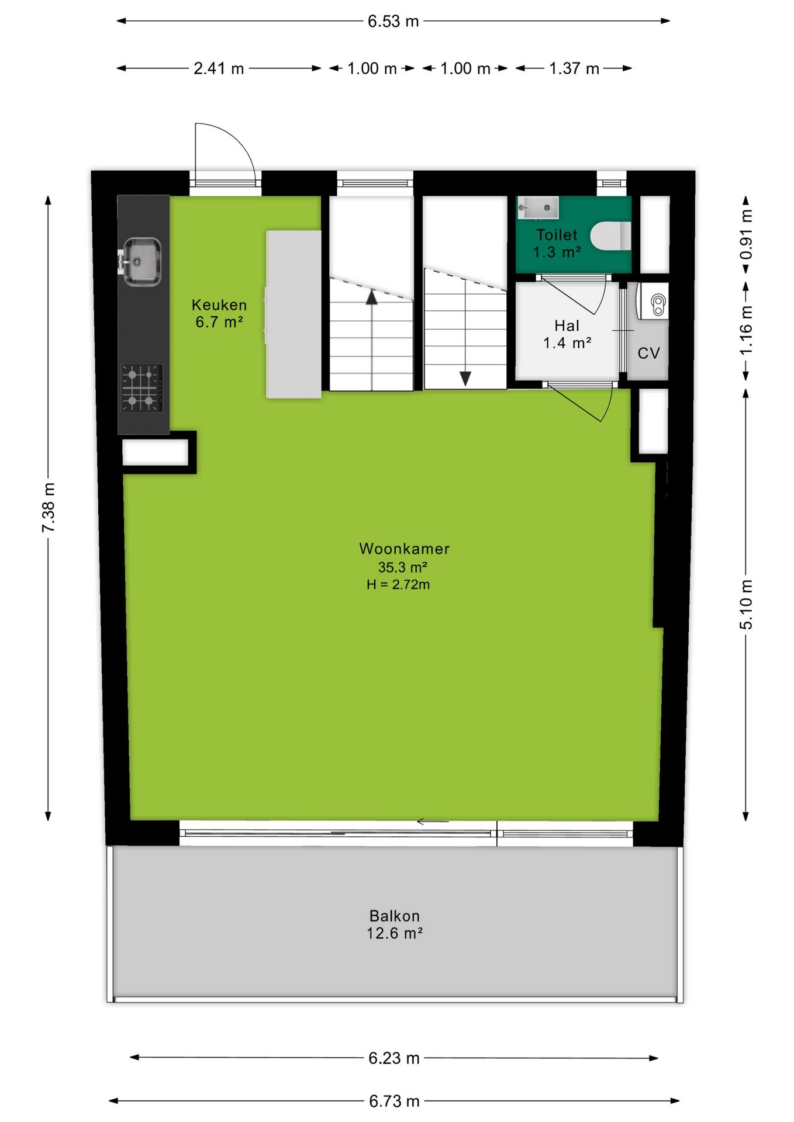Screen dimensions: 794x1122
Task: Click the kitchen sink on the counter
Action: (141, 262)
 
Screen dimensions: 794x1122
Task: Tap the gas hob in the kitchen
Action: (141, 387)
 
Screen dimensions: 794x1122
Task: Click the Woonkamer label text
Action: (404, 549)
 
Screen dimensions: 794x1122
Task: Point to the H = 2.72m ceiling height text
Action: (398, 584)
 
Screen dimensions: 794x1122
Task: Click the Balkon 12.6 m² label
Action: (395, 924)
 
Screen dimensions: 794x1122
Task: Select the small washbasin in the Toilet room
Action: (538, 207)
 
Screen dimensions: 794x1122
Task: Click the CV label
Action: (648, 353)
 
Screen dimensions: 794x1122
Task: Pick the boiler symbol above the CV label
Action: (653, 301)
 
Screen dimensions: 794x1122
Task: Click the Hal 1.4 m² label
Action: (567, 334)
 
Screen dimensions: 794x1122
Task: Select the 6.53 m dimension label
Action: (393, 22)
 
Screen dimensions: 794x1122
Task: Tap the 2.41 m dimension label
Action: (219, 68)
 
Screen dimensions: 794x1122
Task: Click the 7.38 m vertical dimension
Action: (49, 507)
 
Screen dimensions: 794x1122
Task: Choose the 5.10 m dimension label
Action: (746, 605)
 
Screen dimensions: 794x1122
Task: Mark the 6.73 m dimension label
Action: (394, 1101)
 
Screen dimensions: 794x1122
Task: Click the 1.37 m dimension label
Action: (574, 68)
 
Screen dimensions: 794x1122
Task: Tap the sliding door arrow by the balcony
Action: (433, 822)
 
